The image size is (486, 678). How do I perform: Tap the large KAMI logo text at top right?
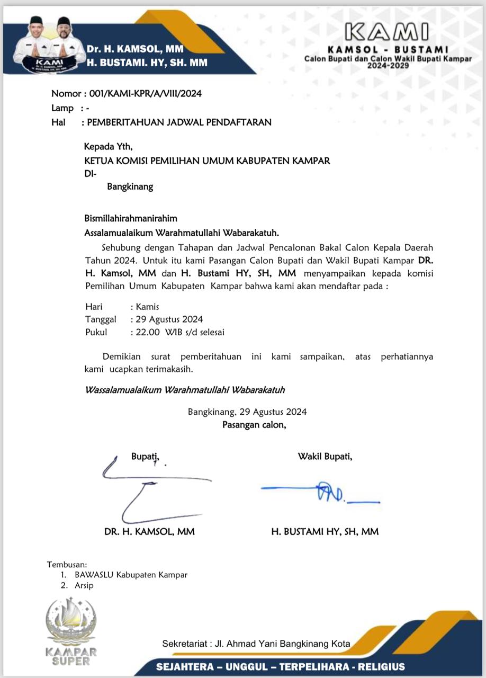pos(387,33)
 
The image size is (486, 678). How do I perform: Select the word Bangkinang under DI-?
pos(130,186)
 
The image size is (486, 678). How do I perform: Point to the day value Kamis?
pos(148,307)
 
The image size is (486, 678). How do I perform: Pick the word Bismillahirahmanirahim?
pos(131,218)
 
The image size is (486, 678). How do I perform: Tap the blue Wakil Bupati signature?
pos(323,493)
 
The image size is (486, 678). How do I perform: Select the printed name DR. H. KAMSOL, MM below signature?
pos(149,531)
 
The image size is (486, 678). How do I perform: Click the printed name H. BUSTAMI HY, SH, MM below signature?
pos(325,531)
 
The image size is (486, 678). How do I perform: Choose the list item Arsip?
pos(84,586)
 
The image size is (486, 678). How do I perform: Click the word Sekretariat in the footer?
pos(184,644)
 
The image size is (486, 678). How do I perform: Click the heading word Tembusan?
pos(67,564)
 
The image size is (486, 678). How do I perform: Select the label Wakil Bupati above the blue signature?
pos(325,456)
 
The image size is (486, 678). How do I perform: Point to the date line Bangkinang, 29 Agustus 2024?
pos(247,412)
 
